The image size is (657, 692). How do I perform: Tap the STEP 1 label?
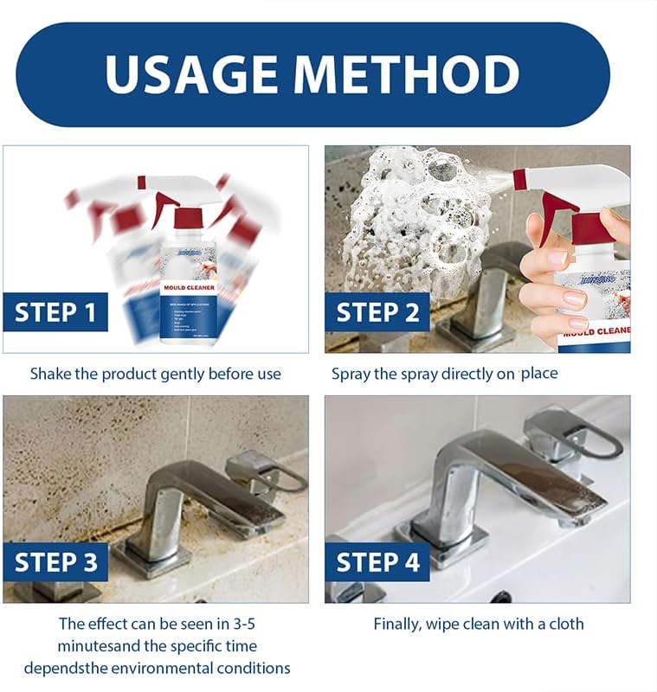click(x=55, y=312)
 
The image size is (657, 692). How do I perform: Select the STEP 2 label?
click(x=377, y=312)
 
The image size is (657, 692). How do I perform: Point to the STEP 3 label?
click(x=55, y=563)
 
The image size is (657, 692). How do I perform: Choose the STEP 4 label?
click(x=377, y=563)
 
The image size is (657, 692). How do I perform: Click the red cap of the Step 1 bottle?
click(x=189, y=218)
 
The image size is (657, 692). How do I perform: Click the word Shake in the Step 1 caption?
click(x=50, y=374)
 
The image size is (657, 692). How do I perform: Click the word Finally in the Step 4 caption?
click(x=398, y=624)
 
